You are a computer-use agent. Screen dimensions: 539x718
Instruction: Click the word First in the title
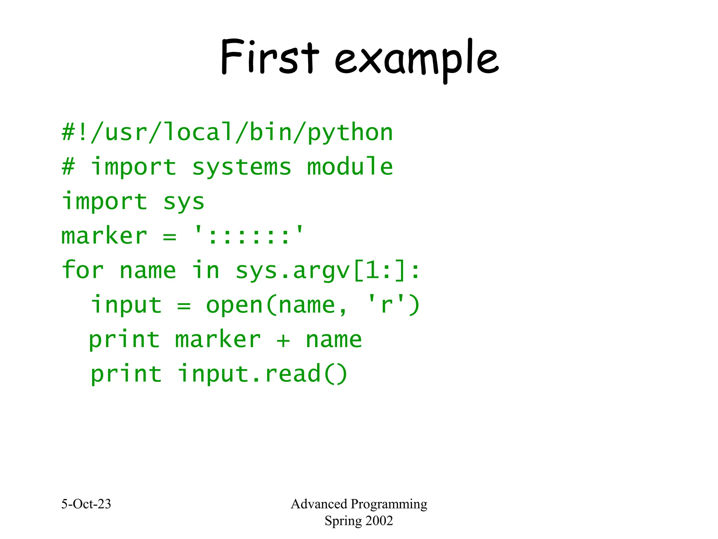[270, 57]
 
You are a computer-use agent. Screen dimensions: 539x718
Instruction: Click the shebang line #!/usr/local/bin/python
[227, 133]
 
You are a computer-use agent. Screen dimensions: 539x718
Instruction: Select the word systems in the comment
[242, 167]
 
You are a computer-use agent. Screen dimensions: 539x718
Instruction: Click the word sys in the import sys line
[184, 202]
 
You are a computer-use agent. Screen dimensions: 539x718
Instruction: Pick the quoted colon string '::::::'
[249, 235]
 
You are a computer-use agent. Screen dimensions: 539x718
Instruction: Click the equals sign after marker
[169, 236]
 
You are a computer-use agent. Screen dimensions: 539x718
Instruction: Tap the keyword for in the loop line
[83, 270]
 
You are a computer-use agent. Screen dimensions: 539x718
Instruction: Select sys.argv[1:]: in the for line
[327, 271]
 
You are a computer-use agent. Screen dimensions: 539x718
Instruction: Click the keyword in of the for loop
[206, 270]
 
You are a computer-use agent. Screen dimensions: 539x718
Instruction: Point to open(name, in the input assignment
[276, 305]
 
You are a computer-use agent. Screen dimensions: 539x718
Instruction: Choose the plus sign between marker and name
[283, 340]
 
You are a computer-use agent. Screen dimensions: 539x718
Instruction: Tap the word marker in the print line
[218, 339]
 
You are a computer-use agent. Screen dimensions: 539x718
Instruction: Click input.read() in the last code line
[263, 374]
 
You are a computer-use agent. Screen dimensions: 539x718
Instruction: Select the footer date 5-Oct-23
[86, 504]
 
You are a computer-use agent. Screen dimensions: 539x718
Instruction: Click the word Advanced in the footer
[319, 504]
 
